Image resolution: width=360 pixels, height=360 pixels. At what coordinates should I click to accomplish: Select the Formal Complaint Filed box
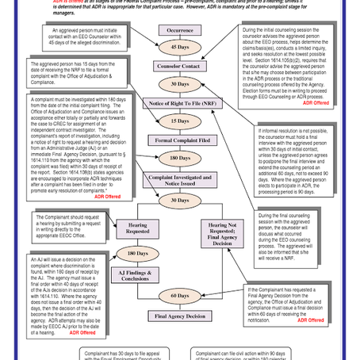(x=182, y=140)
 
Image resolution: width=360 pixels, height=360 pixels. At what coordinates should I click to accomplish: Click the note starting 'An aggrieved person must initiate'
(x=70, y=36)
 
